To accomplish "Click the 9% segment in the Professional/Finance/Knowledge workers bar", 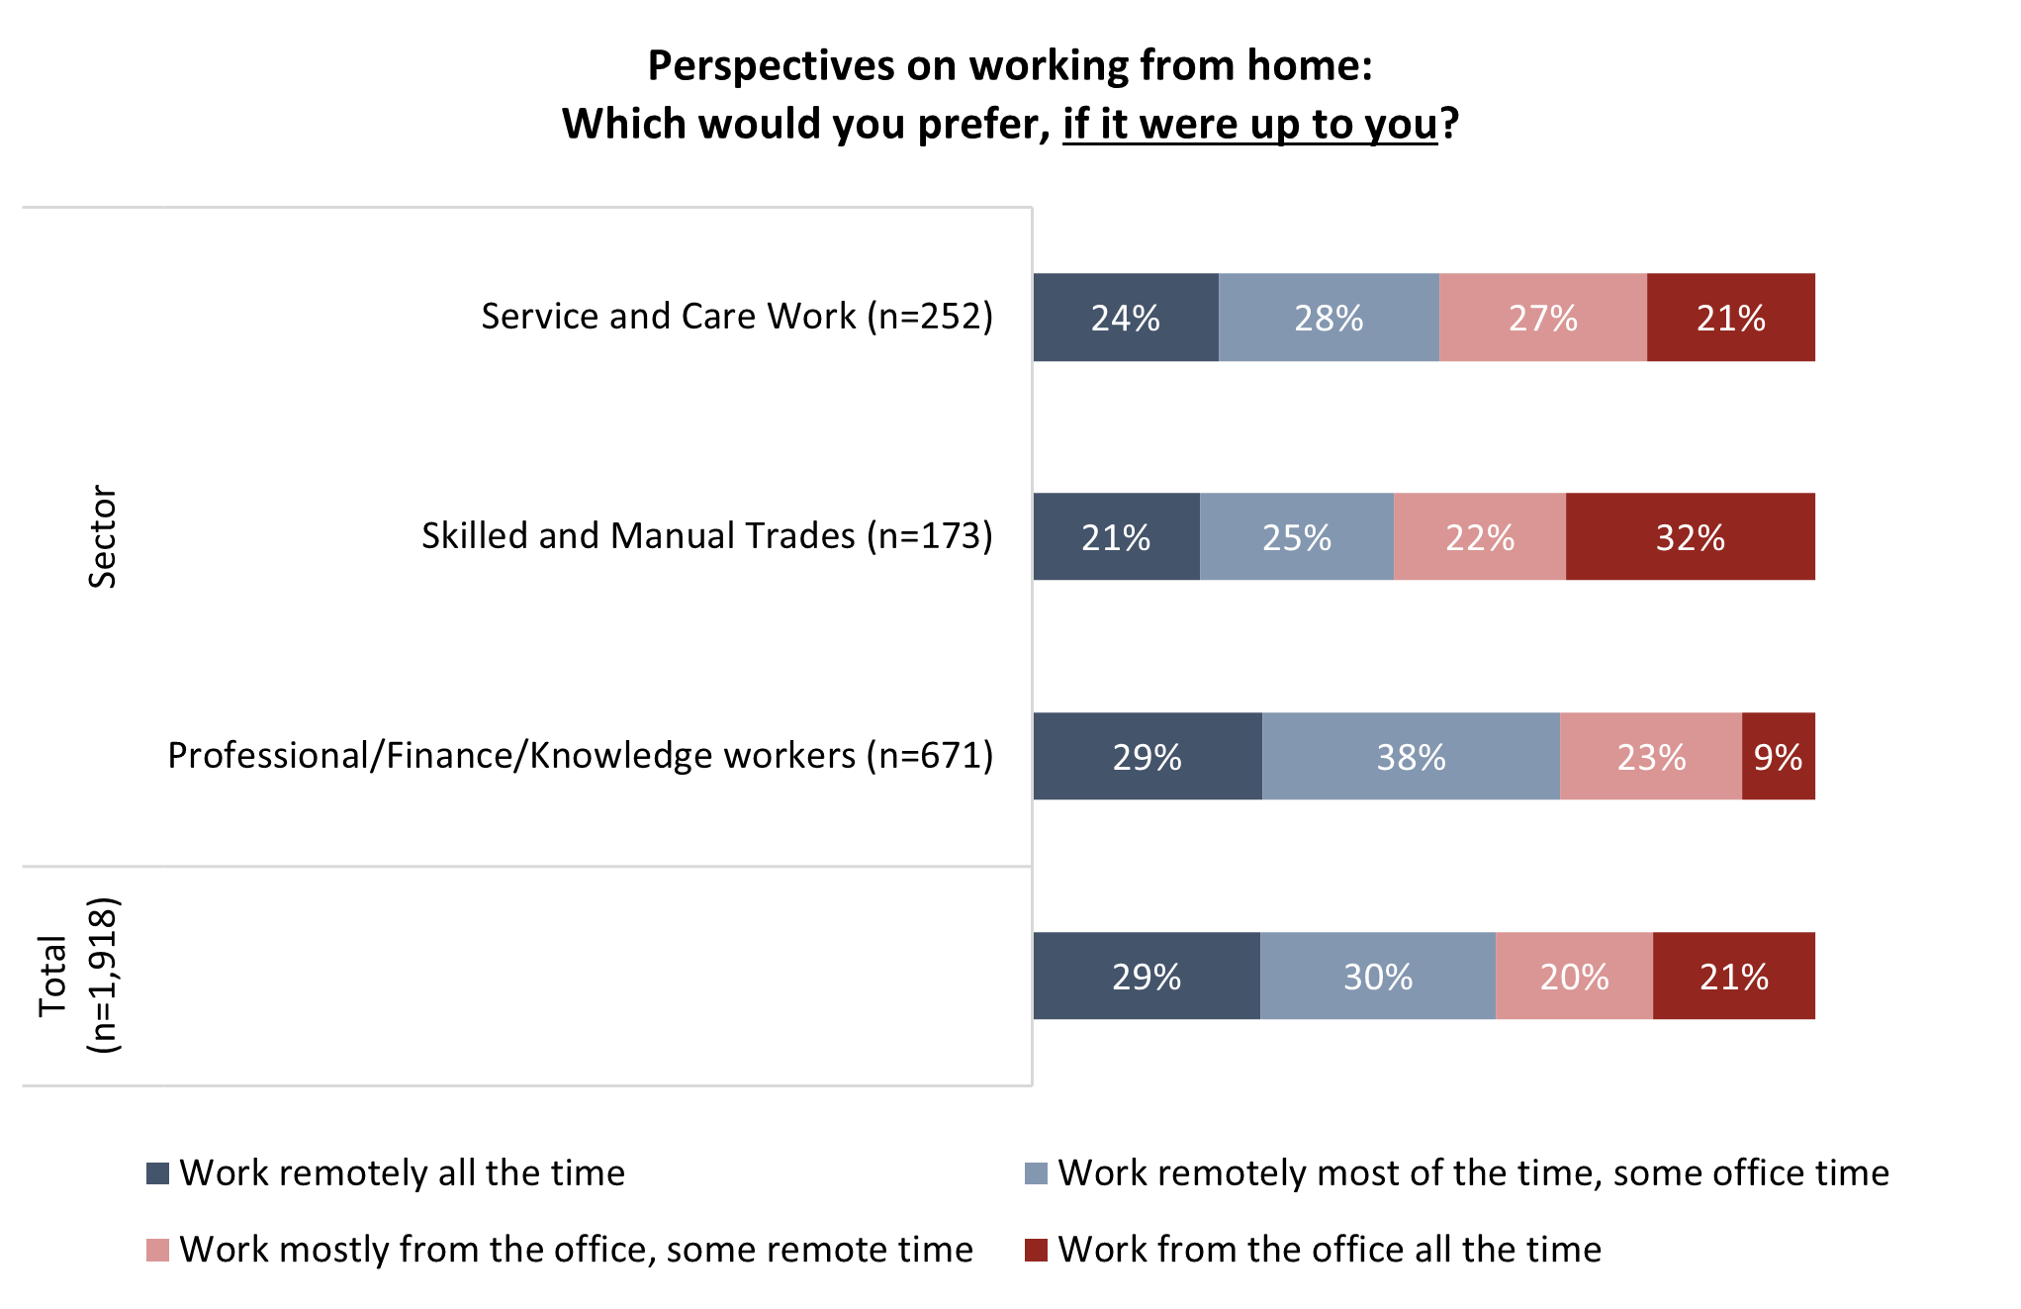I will point(1778,757).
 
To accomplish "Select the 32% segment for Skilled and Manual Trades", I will point(1690,537).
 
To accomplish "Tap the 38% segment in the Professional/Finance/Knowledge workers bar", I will point(1411,757).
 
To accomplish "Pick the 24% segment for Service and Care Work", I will point(1125,318).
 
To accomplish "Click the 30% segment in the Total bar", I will point(1377,977).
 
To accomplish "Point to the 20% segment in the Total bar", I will point(1574,977).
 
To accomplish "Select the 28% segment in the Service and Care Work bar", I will point(1329,318).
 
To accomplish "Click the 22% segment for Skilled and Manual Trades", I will point(1480,537).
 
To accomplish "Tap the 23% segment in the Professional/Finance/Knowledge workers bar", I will point(1650,757).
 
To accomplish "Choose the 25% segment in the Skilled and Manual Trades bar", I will point(1296,537).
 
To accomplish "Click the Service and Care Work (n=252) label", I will point(737,317).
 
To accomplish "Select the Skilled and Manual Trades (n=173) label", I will point(707,536).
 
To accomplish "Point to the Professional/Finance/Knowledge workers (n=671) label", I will point(581,756).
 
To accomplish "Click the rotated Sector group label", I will point(103,536).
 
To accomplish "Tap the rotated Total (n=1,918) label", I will point(79,976).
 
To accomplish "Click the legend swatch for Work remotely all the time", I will point(157,1173).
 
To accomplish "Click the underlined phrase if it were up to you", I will point(1249,125).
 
